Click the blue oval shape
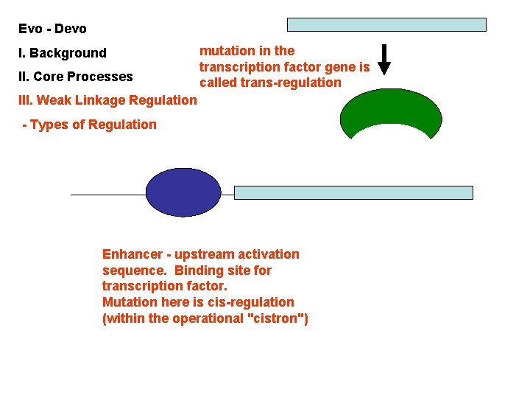(183, 192)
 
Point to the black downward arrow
(384, 60)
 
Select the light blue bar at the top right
(386, 24)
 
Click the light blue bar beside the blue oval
(353, 192)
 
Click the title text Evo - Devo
(52, 29)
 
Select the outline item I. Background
(63, 53)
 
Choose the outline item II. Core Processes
(76, 77)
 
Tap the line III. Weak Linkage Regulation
(108, 100)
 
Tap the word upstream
(202, 254)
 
